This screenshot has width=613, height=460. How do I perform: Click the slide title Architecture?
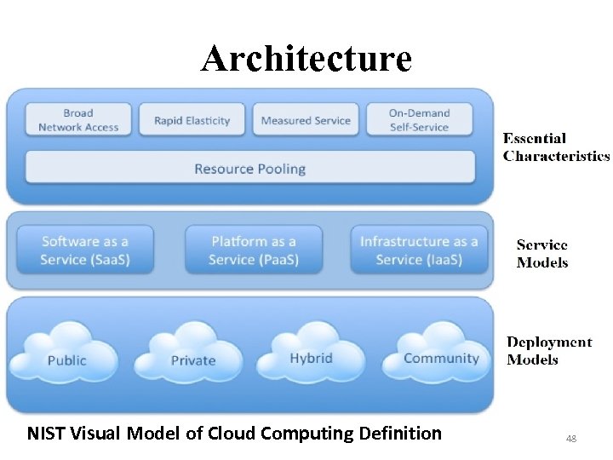click(306, 59)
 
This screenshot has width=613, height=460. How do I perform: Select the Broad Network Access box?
click(78, 120)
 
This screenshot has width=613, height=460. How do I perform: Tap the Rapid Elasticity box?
click(192, 120)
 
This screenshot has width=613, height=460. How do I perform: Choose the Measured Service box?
click(306, 120)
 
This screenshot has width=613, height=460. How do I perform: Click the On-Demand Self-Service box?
click(419, 120)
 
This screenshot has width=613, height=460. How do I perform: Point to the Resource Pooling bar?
click(249, 168)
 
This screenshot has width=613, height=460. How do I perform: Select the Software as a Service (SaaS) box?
click(85, 250)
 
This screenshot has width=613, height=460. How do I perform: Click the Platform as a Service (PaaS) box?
click(254, 250)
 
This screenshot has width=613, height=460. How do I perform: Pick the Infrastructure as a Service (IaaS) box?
click(419, 250)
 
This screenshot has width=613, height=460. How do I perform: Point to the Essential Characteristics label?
click(556, 147)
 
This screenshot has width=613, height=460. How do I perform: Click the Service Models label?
click(541, 253)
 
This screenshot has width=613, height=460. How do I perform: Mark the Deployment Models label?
click(549, 350)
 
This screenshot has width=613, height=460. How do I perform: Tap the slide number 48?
click(570, 439)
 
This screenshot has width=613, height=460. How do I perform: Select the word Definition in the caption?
click(400, 434)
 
